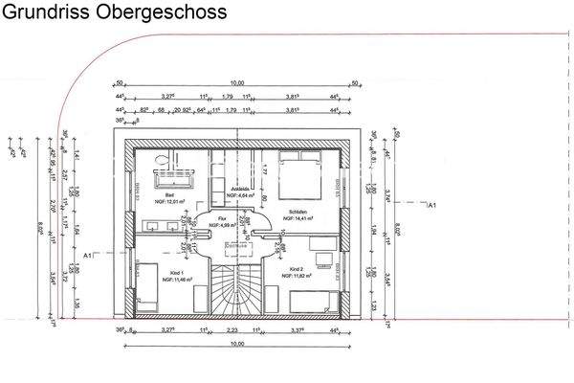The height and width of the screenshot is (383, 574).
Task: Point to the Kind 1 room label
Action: click(175, 272)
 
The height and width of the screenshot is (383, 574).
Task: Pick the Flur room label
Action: click(222, 218)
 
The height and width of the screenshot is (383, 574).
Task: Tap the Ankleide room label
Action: click(241, 190)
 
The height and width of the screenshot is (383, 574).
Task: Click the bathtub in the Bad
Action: click(176, 175)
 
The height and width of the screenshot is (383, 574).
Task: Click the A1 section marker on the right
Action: click(431, 205)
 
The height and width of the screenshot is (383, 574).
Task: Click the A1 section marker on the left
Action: click(88, 256)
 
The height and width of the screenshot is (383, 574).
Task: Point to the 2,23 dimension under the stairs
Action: click(232, 328)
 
